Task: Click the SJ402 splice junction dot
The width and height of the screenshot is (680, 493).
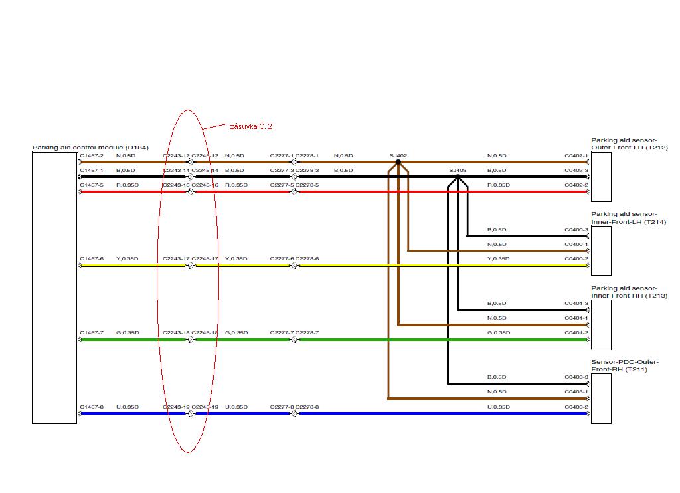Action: (398, 161)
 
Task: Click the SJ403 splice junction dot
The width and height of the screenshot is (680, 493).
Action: (458, 177)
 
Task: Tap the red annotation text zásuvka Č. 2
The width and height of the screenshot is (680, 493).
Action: (251, 126)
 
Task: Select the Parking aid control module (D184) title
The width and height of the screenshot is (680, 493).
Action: (90, 148)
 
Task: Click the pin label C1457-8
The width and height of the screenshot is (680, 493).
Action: (92, 407)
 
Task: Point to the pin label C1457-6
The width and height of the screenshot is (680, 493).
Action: (92, 259)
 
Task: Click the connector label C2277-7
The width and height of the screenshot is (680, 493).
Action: (282, 333)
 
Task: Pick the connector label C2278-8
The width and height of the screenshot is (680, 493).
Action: (307, 407)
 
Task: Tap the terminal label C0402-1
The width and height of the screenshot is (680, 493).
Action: (576, 156)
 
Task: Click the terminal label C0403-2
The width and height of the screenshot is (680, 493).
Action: (576, 407)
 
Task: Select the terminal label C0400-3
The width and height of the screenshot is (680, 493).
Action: (576, 230)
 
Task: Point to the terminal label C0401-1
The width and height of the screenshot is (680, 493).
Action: (576, 318)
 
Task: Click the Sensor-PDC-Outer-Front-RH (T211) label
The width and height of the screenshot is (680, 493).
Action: (625, 365)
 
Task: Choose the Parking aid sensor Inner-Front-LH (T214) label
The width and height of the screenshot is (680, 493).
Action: (628, 218)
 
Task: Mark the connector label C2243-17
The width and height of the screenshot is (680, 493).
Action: (176, 259)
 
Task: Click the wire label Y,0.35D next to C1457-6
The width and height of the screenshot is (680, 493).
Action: (127, 259)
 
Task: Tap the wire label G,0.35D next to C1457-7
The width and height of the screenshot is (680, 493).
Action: (127, 333)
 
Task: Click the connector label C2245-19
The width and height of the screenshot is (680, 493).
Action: (205, 407)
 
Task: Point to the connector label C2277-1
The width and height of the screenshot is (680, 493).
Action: (282, 156)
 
